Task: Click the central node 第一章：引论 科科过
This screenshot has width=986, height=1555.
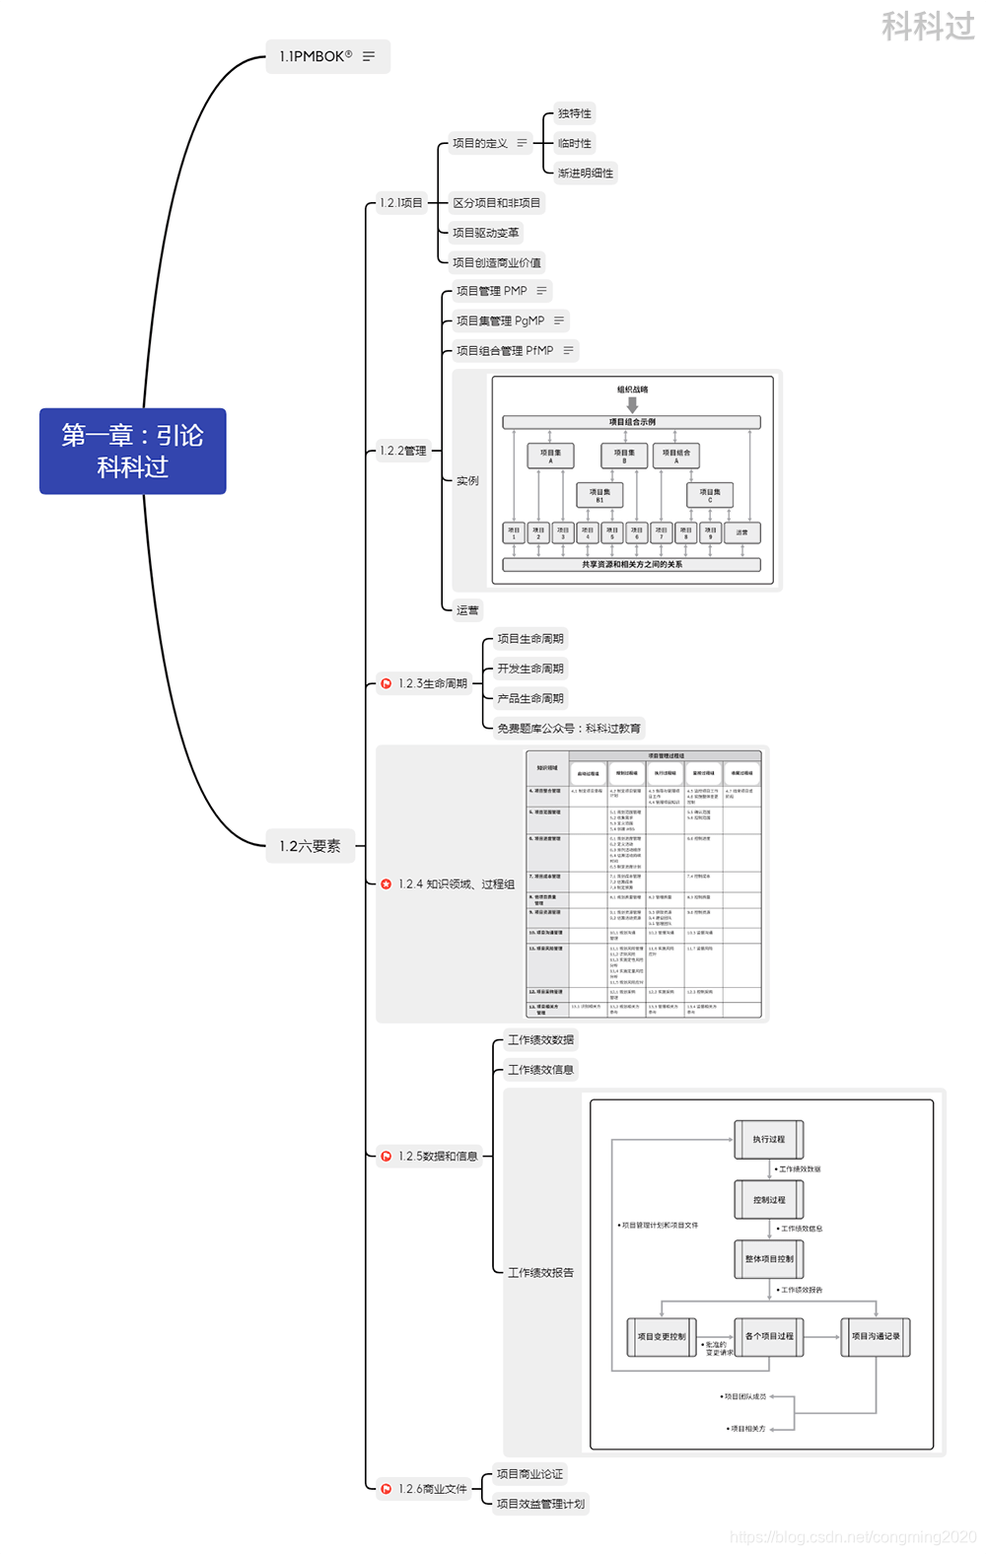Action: [x=133, y=451]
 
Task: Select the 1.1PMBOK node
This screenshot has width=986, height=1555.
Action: [x=316, y=56]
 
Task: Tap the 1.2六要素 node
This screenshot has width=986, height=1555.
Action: [x=310, y=846]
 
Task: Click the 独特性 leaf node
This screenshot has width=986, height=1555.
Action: [x=575, y=113]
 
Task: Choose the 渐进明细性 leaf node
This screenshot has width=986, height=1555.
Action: [x=586, y=174]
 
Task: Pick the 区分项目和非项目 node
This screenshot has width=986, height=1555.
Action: [x=497, y=203]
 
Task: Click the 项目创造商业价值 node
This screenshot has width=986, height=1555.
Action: [x=497, y=262]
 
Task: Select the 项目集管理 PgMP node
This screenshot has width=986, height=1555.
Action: [x=500, y=320]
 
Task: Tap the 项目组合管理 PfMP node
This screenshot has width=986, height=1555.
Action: [x=504, y=350]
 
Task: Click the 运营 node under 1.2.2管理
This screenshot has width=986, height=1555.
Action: [x=467, y=610]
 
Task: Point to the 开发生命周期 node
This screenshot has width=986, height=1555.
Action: [x=530, y=669]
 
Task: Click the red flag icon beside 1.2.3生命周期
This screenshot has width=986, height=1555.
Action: [x=386, y=683]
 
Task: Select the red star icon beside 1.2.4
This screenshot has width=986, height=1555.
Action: [x=386, y=884]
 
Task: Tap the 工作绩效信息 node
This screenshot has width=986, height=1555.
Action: [x=540, y=1070]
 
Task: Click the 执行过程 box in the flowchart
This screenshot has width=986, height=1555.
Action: [x=769, y=1140]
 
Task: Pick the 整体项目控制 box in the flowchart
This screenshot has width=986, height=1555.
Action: [x=769, y=1259]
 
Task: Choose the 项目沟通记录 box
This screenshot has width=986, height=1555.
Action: [x=876, y=1337]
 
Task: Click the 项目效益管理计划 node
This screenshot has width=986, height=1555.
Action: [x=540, y=1504]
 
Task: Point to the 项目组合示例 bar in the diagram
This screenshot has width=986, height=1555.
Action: [x=632, y=422]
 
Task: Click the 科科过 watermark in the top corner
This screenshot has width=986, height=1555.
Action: [x=927, y=26]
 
